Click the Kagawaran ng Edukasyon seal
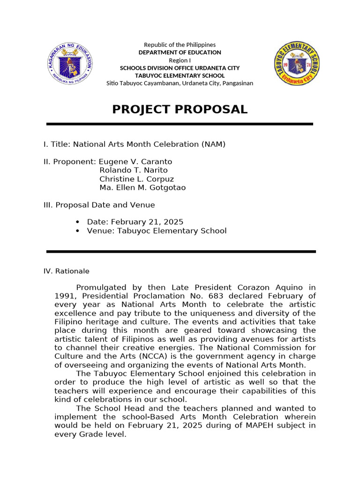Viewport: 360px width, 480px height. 70,63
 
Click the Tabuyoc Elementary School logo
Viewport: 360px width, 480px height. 297,63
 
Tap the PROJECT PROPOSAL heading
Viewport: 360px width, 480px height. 180,110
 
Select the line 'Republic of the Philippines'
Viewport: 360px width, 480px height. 180,45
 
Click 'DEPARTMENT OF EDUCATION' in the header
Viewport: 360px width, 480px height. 180,52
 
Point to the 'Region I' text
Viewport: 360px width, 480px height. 180,60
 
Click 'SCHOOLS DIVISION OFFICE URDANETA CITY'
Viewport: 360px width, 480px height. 180,68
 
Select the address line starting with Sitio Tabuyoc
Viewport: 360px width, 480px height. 180,83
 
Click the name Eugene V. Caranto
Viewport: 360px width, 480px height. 135,162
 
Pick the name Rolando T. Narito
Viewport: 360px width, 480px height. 133,170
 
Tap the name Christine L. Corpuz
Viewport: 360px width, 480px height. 136,179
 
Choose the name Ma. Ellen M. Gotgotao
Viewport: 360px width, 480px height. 142,187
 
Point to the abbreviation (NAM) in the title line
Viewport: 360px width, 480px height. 213,144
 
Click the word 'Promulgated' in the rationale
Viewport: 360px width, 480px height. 97,287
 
